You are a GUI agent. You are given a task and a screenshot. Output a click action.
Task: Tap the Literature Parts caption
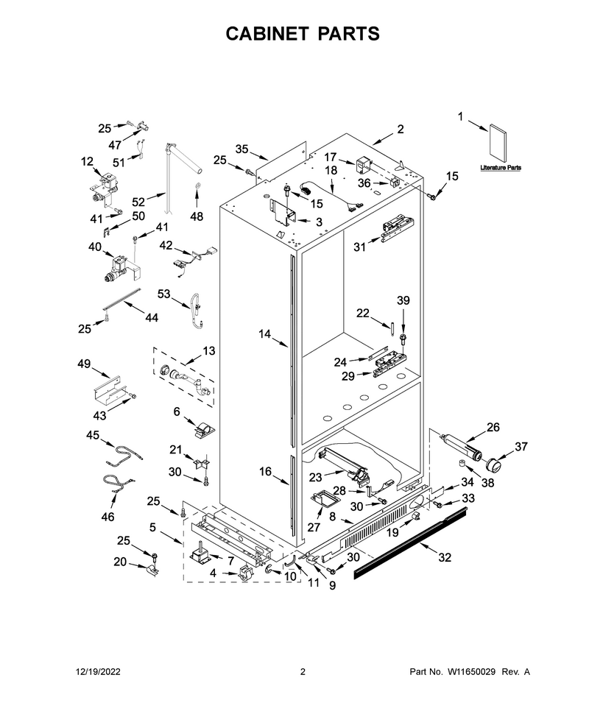tap(501, 168)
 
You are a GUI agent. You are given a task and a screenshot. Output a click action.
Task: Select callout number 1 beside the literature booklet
tap(460, 117)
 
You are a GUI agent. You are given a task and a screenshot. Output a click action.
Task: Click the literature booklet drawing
tap(497, 143)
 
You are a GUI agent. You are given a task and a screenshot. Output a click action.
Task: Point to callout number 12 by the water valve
tap(87, 161)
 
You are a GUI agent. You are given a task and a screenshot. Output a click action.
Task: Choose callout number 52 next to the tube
tap(138, 202)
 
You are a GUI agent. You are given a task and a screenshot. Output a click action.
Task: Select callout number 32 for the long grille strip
tap(445, 557)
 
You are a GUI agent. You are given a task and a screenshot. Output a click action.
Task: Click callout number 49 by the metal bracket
tap(84, 364)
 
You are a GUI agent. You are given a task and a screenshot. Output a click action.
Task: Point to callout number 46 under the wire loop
tap(108, 517)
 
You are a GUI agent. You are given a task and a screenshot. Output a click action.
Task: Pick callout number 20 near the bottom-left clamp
tap(120, 562)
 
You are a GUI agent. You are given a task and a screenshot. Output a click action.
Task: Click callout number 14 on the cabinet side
tap(264, 334)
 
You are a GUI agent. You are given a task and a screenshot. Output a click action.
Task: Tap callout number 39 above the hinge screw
tap(403, 300)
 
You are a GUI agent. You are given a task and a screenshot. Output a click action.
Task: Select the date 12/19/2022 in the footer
tap(98, 671)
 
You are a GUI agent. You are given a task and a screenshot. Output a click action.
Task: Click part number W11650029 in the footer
tap(471, 671)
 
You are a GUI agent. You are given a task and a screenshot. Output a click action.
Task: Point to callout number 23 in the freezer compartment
tap(315, 477)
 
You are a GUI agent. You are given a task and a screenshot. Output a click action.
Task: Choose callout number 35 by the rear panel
tap(242, 149)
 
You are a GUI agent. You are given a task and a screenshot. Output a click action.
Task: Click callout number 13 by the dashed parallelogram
tap(209, 351)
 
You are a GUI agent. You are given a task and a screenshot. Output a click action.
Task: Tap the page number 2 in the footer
tap(303, 671)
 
